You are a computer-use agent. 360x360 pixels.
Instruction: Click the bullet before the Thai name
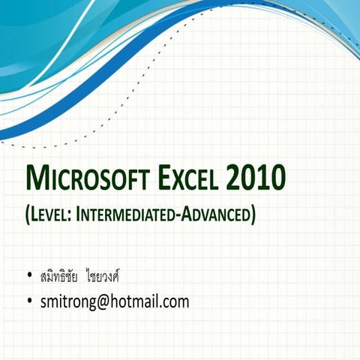tap(28, 276)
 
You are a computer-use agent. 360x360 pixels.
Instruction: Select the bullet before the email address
tap(28, 303)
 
